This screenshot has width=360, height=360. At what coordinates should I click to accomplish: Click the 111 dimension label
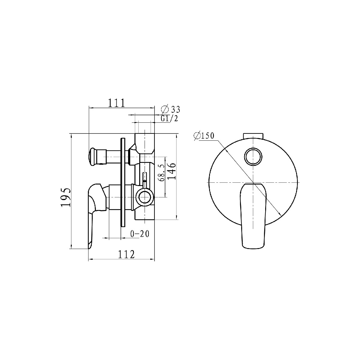(x=116, y=103)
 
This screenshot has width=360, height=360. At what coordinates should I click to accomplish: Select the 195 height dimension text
(x=66, y=197)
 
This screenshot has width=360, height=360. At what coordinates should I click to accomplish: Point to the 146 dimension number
(x=172, y=171)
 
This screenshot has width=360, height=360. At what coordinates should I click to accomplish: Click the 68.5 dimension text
(x=161, y=173)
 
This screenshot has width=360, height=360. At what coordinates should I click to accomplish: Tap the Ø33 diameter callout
(x=170, y=109)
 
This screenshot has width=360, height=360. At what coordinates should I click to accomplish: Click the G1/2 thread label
(x=169, y=118)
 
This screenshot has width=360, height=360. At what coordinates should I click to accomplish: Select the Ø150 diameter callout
(x=204, y=136)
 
